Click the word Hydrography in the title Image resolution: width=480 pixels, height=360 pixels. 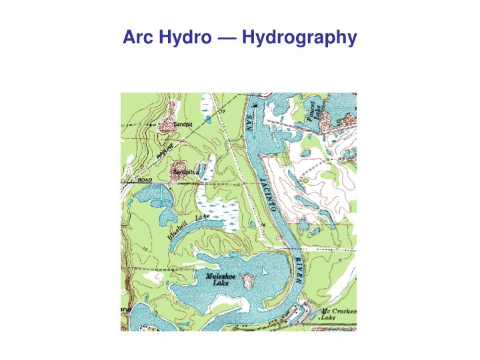[299, 38]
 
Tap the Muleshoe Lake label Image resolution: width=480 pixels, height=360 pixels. [221, 278]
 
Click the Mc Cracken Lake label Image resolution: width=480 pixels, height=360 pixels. [339, 315]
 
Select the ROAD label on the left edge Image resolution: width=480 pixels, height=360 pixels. [144, 180]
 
